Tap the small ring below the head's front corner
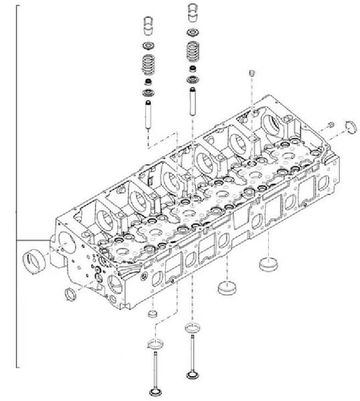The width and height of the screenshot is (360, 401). pos(69,294)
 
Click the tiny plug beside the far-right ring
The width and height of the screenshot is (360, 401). pos(331,125)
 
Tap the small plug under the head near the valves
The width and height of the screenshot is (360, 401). pos(152,313)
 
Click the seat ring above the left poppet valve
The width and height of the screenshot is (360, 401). pos(153,344)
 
